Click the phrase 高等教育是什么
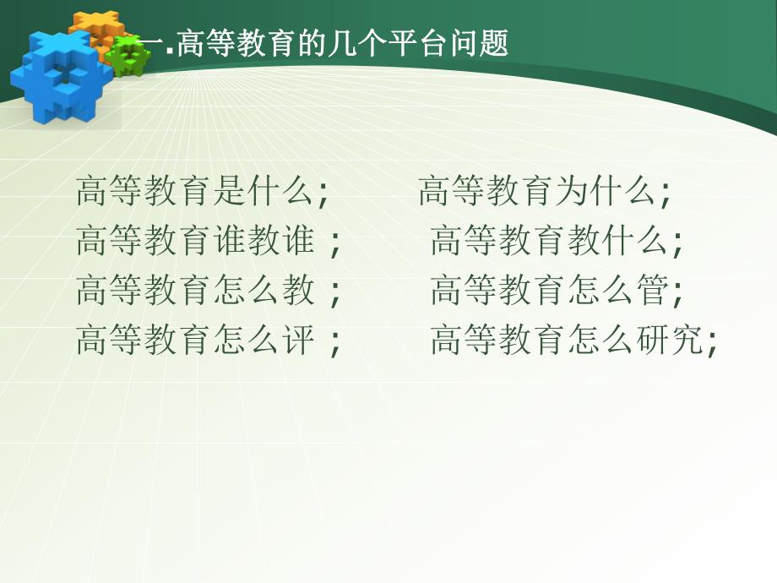[194, 193]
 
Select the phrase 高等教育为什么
[537, 193]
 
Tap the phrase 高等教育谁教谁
[194, 242]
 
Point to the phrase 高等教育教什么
[549, 242]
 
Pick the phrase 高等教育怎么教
[194, 291]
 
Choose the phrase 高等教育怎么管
[549, 291]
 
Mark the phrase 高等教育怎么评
[194, 340]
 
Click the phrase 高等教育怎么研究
[566, 340]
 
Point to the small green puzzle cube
[130, 56]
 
